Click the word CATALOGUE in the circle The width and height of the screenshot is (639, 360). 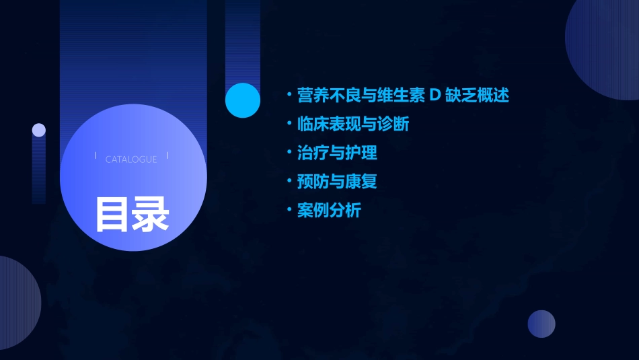131,159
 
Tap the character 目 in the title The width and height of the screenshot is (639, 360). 112,215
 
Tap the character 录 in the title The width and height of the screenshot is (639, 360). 150,215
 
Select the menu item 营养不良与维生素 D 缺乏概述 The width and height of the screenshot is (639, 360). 403,95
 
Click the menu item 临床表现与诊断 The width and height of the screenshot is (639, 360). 353,124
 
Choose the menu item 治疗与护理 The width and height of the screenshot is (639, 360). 337,153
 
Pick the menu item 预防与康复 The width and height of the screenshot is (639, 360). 337,182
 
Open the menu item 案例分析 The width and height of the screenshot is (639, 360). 329,211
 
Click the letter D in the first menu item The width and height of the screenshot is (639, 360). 435,96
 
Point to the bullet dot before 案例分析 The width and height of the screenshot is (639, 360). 289,211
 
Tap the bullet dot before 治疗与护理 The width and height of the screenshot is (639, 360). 289,153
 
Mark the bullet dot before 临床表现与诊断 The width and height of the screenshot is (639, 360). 289,124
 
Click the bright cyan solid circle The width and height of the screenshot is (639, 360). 243,100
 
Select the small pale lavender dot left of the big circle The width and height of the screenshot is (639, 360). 39,130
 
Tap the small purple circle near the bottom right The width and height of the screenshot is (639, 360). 541,324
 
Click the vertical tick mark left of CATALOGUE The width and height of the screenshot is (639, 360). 96,155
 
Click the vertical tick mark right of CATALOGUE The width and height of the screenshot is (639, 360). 167,155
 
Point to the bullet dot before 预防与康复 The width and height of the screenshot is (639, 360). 289,182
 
